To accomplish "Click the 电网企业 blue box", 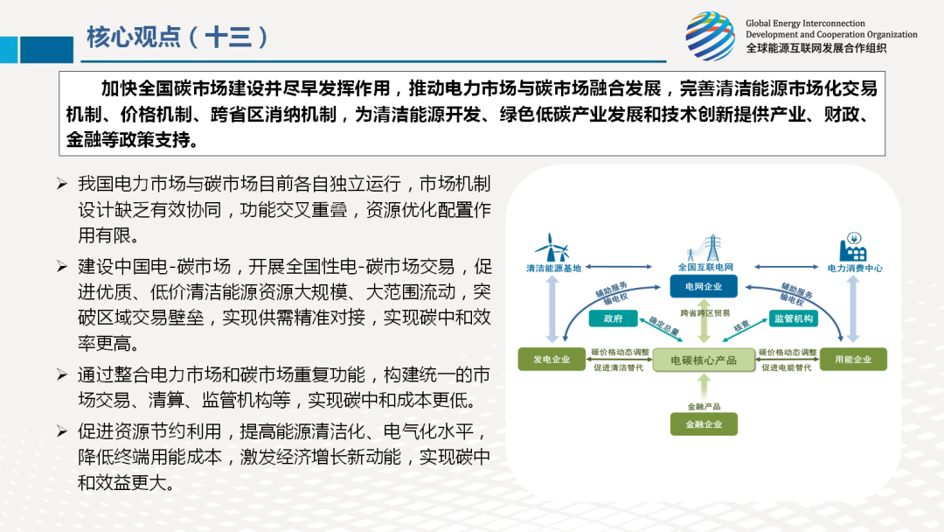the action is pos(703,286).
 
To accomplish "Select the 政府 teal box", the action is pos(613,318).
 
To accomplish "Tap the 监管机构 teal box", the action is pos(794,318).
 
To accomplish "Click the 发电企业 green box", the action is pos(552,359).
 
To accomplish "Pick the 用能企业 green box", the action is pos(853,359).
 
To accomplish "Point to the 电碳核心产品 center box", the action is pos(704,360).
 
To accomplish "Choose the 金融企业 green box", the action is pos(704,424).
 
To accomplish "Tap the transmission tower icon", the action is pos(707,248).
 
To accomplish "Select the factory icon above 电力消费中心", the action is pos(852,247).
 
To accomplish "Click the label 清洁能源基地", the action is pos(554,268).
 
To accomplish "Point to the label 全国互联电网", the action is pos(705,267).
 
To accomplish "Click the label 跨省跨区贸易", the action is pos(705,313).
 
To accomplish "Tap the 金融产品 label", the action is pos(704,407).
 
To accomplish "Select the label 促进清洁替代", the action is pos(618,367).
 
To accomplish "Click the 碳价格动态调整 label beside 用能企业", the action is pos(788,353).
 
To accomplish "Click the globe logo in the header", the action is pos(711,36).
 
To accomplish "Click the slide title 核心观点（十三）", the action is pos(177,37).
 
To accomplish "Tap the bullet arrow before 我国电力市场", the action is pos(62,184).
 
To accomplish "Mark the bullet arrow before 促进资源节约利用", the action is pos(62,431).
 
